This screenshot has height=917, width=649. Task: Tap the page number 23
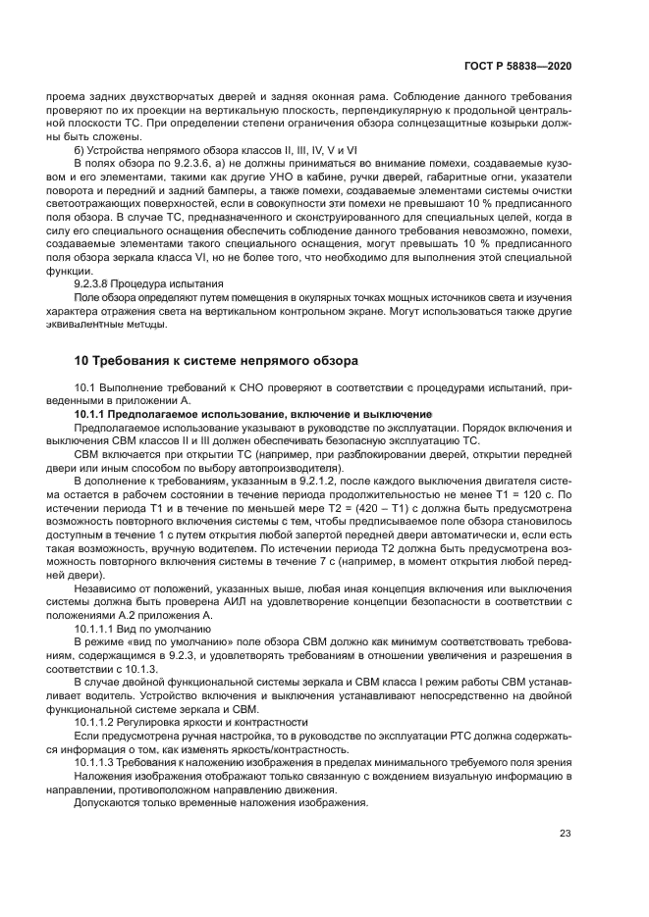566,835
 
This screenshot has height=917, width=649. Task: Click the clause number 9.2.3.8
98,282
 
